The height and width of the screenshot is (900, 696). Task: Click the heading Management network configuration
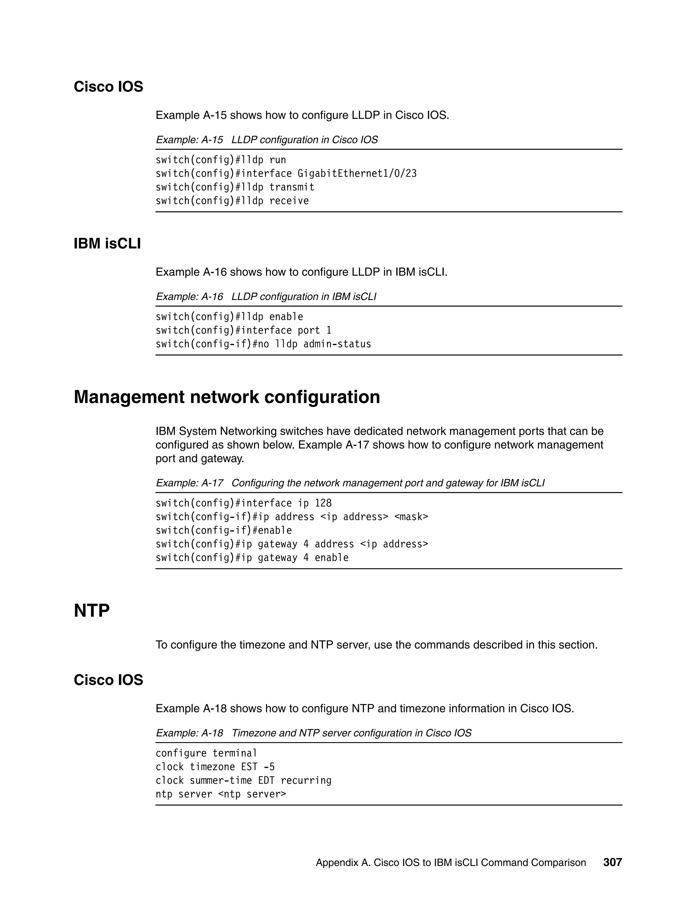pyautogui.click(x=227, y=397)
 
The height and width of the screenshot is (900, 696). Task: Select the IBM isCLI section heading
pyautogui.click(x=107, y=244)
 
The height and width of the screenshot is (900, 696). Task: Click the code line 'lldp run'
pyautogui.click(x=221, y=160)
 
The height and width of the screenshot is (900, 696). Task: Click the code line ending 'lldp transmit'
pyautogui.click(x=235, y=187)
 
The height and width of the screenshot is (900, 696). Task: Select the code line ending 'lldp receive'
pyautogui.click(x=232, y=201)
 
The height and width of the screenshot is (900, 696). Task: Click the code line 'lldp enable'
pyautogui.click(x=229, y=317)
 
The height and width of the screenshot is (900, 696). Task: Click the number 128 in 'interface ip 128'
pyautogui.click(x=323, y=503)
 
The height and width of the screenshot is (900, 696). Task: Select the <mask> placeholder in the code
pyautogui.click(x=411, y=517)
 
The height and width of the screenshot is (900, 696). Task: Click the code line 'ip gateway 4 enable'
pyautogui.click(x=252, y=558)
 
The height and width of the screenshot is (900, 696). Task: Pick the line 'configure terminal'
pyautogui.click(x=206, y=753)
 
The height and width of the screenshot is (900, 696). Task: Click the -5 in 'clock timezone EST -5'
pyautogui.click(x=269, y=767)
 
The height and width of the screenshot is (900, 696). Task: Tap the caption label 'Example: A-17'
pyautogui.click(x=189, y=483)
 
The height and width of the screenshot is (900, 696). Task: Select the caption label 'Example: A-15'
pyautogui.click(x=189, y=140)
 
